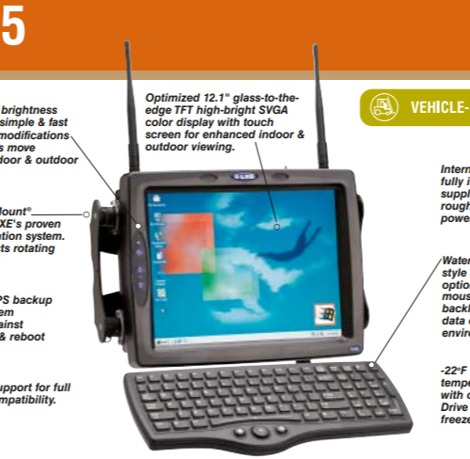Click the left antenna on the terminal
(x=127, y=103)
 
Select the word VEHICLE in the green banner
(x=437, y=106)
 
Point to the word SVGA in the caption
(x=281, y=110)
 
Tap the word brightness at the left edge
(x=30, y=110)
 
